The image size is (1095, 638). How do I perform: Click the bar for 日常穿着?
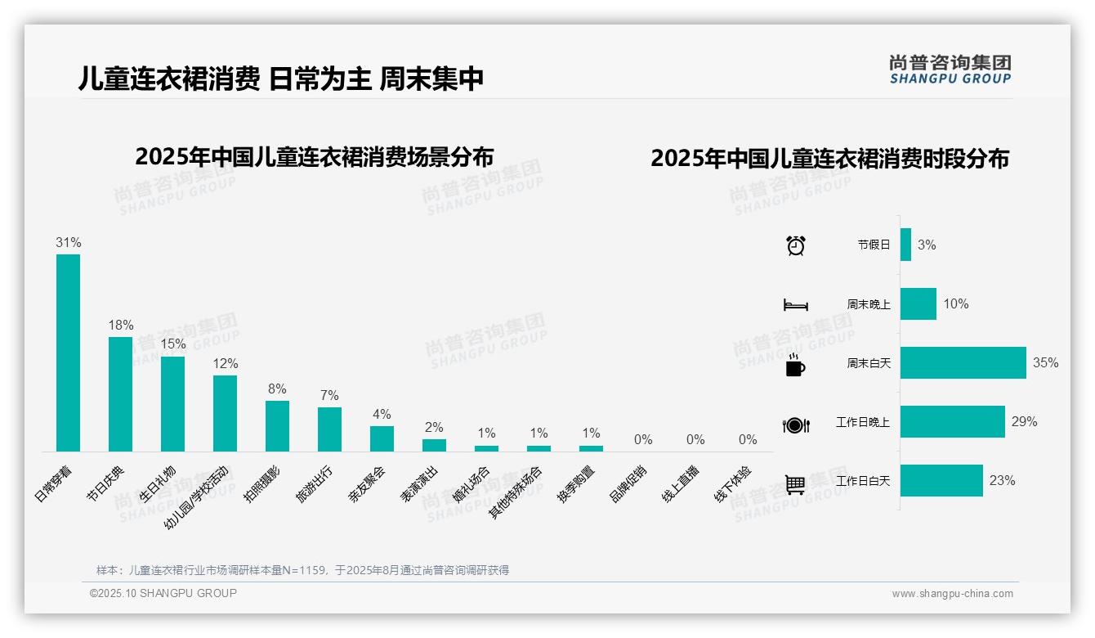[x=68, y=353]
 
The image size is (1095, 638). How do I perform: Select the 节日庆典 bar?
[x=120, y=393]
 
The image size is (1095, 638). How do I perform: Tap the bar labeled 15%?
[x=172, y=403]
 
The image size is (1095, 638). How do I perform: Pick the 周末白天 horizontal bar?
[x=963, y=362]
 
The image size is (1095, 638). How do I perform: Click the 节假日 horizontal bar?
[x=905, y=245]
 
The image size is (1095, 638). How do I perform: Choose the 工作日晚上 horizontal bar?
[x=952, y=422]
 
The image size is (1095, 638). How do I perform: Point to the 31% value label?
[x=68, y=243]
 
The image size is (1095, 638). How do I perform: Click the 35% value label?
[x=1045, y=362]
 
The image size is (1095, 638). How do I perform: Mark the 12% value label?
[x=225, y=363]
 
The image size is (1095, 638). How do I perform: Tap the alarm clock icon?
[x=795, y=245]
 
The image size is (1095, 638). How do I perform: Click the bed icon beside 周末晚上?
[x=795, y=305]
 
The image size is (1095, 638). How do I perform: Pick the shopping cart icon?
[x=794, y=484]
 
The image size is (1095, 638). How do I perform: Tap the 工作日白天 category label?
[x=862, y=481]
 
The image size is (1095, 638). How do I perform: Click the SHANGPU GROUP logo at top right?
[x=950, y=70]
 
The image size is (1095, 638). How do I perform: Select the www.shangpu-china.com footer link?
[x=952, y=594]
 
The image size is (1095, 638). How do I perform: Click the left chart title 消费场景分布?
[x=314, y=157]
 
